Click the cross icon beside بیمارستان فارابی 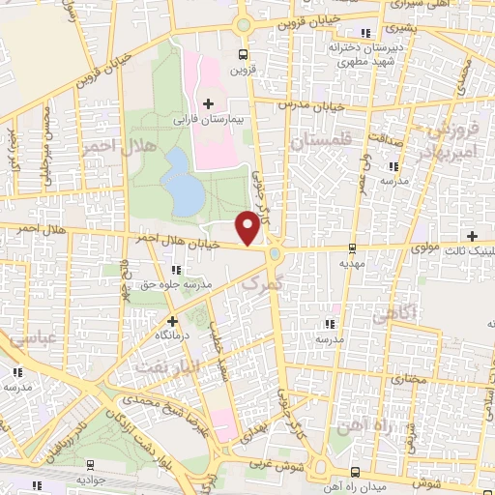pyautogui.click(x=208, y=102)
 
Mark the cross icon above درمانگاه pyautogui.click(x=172, y=320)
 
